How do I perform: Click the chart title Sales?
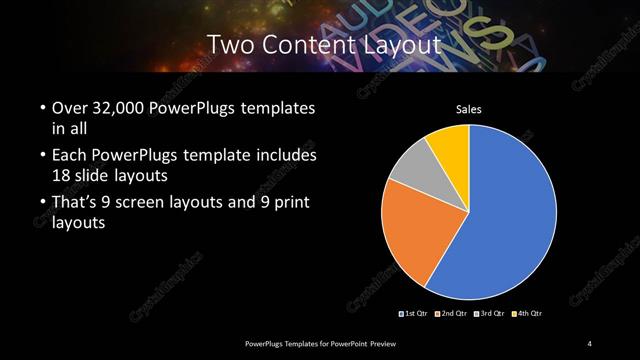pyautogui.click(x=470, y=110)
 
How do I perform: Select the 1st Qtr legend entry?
pyautogui.click(x=414, y=314)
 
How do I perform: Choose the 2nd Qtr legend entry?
pyautogui.click(x=452, y=314)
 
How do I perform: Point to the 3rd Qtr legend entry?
pyautogui.click(x=490, y=314)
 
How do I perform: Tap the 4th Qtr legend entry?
pyautogui.click(x=528, y=314)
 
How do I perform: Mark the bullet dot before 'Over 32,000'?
pyautogui.click(x=42, y=108)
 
